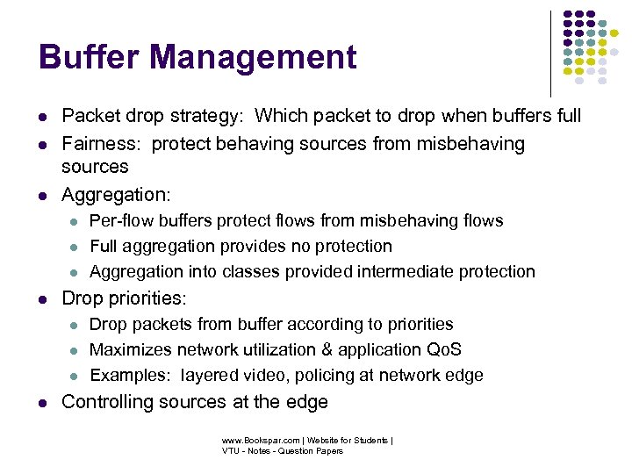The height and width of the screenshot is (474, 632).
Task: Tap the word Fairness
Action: [x=97, y=144]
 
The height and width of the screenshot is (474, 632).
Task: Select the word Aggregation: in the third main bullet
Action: [x=117, y=195]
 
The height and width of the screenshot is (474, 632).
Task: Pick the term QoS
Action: [x=444, y=349]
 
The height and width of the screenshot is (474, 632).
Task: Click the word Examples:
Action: [x=131, y=376]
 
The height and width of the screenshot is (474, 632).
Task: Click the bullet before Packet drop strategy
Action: [x=42, y=117]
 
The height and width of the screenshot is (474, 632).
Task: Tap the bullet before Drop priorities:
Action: [x=42, y=298]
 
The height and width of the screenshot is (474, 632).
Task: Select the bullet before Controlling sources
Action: [x=42, y=403]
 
